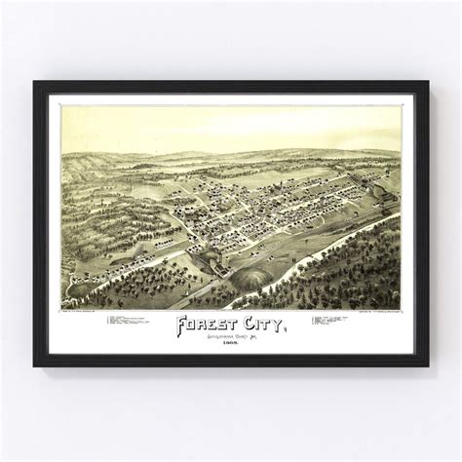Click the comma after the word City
coord(285,331)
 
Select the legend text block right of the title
coord(341,321)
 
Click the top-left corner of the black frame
coord(35,82)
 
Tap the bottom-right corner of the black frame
coord(427,365)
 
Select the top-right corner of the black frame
coord(427,82)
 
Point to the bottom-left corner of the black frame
coord(35,365)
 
